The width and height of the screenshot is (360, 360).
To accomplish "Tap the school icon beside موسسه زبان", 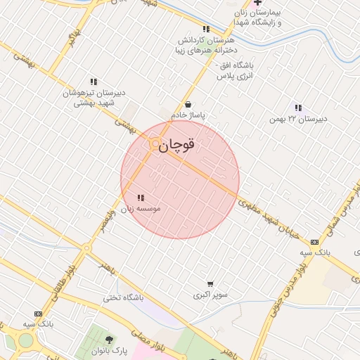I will (x=140, y=198).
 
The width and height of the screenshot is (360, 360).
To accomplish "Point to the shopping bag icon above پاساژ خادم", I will (x=187, y=105).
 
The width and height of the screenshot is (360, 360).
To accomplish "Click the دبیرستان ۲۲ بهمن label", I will (x=298, y=119).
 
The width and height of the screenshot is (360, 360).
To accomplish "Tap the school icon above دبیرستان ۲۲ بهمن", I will (x=298, y=108).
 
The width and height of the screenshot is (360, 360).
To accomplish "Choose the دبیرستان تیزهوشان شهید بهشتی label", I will (x=94, y=98).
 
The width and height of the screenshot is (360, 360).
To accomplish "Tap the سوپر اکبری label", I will (x=210, y=295).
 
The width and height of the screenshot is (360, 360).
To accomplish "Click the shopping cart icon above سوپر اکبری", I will (x=210, y=284).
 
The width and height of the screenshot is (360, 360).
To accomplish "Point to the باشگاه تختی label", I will (x=123, y=297).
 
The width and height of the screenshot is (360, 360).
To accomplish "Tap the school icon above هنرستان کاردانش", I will (x=206, y=30).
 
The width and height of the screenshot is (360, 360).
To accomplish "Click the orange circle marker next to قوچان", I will (x=155, y=143).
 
